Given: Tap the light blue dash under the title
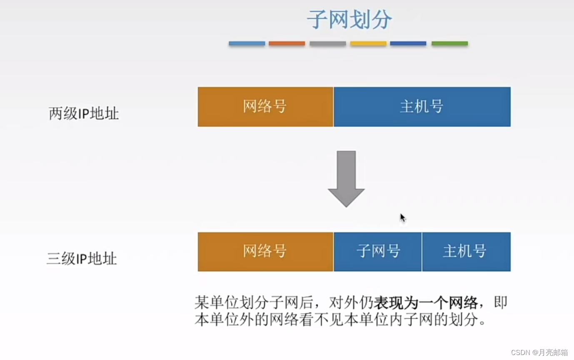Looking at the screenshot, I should click(247, 43).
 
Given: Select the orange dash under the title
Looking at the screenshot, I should click(287, 43).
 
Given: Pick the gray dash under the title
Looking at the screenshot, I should click(327, 43).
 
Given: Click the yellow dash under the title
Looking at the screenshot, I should click(368, 43).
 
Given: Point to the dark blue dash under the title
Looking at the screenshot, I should click(408, 43).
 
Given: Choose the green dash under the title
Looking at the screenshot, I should click(449, 43).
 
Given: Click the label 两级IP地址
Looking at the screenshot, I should click(84, 113).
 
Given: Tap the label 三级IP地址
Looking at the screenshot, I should click(82, 258).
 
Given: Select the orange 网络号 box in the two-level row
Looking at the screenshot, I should click(265, 107).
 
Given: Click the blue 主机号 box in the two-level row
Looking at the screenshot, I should click(422, 107).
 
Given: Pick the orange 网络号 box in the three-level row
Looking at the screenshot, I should click(265, 251).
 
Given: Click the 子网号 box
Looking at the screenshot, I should click(378, 251).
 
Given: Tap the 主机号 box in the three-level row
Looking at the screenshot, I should click(466, 251).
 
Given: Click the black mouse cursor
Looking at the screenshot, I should click(402, 218).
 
